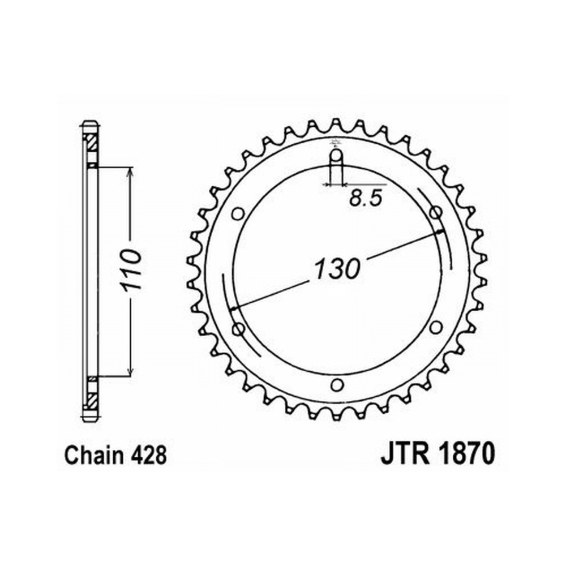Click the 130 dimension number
[337, 269]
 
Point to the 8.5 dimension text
[366, 198]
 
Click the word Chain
[94, 455]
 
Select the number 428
[149, 455]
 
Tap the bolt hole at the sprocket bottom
[337, 385]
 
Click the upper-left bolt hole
[238, 214]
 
